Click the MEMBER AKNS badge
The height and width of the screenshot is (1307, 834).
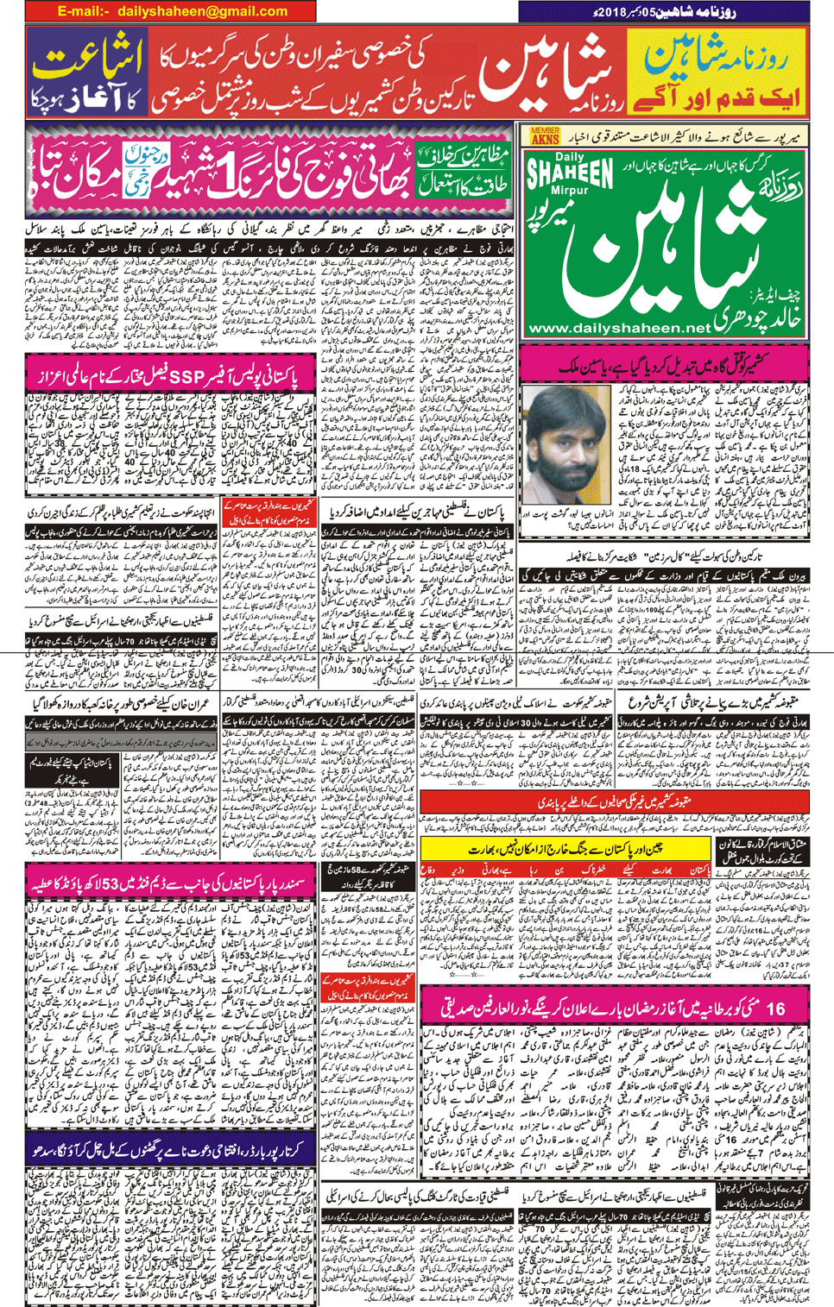pyautogui.click(x=545, y=135)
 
